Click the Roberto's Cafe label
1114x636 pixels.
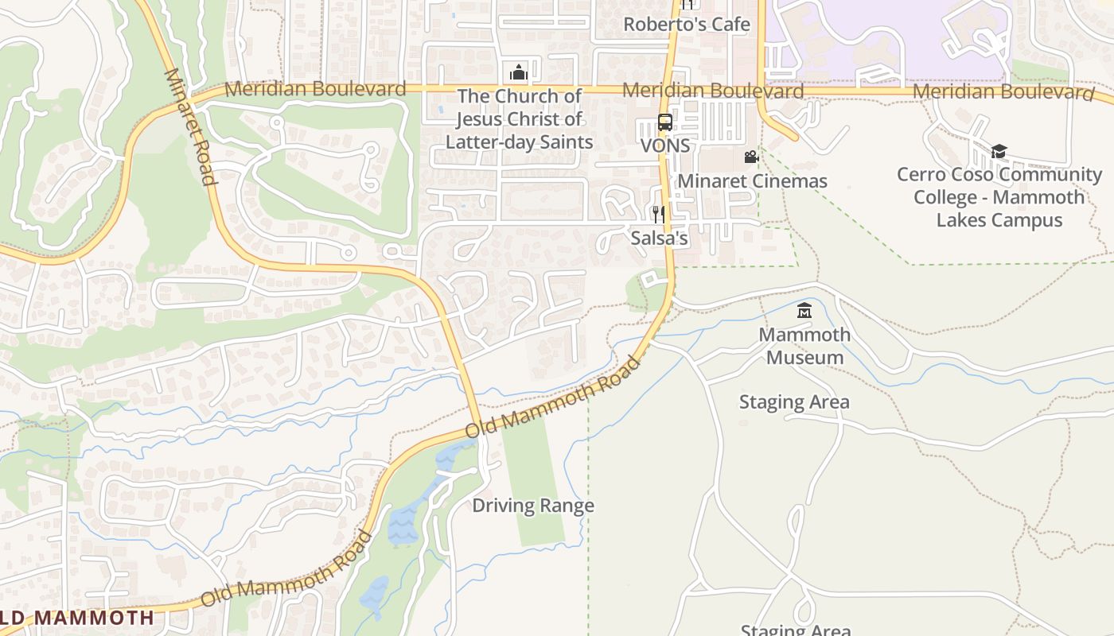click(x=686, y=25)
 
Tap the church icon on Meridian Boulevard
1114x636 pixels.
click(x=519, y=72)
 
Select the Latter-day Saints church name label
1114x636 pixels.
click(x=519, y=119)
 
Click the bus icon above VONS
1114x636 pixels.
click(x=665, y=122)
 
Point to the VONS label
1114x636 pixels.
click(x=665, y=146)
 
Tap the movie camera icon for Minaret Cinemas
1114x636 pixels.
click(x=751, y=157)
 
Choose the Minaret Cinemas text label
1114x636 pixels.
click(x=752, y=181)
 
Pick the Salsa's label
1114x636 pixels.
click(x=659, y=238)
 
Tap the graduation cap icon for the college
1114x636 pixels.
click(x=999, y=151)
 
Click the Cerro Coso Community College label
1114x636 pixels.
click(x=999, y=197)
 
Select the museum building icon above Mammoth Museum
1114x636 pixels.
click(x=804, y=310)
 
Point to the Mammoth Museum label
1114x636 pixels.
click(x=804, y=346)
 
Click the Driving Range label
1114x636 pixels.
click(x=533, y=506)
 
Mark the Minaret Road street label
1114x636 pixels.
click(x=191, y=127)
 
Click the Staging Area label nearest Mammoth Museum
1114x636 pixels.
click(x=794, y=402)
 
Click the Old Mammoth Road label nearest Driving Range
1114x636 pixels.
click(x=553, y=397)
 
